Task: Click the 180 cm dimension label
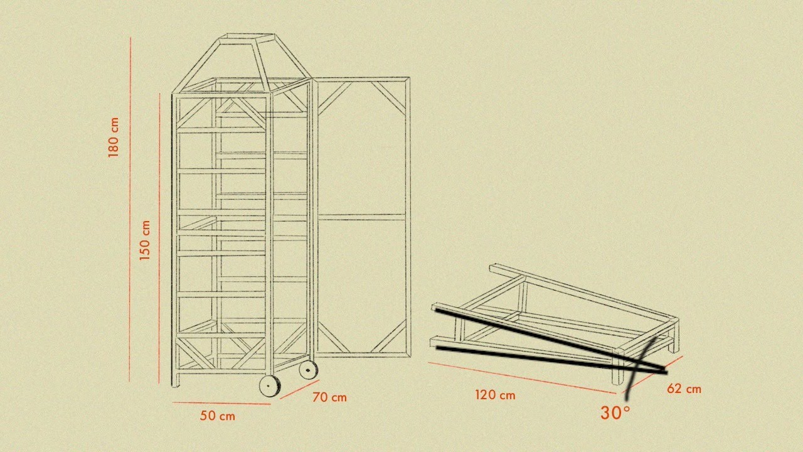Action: coord(114,137)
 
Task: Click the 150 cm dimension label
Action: coord(144,240)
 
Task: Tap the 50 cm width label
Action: coord(218,416)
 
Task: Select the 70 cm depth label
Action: coord(329,397)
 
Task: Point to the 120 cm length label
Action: coord(496,395)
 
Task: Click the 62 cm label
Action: coord(684,389)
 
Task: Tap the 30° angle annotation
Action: coord(615,413)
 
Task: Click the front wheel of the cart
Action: coord(270,385)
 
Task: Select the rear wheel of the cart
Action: coord(308,370)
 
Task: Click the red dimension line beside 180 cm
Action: coord(130,210)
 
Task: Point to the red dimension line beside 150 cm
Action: coord(159,238)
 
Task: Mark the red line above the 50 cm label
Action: coord(221,404)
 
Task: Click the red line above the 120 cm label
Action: coord(522,378)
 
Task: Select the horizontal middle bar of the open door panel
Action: coord(361,217)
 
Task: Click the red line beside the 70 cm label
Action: coord(300,389)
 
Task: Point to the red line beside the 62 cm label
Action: coord(652,374)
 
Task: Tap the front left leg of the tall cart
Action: coord(175,240)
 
